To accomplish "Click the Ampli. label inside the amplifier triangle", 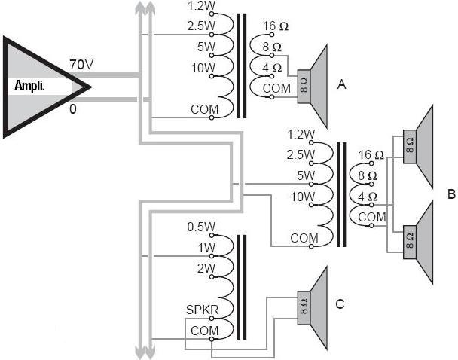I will pos(31,86).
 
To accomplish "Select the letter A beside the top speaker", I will pos(341,85).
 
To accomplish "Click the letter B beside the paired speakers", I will pos(450,194).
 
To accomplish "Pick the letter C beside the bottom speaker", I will pos(340,304).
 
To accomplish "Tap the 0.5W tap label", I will pos(201,227).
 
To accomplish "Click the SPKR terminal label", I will pos(201,310).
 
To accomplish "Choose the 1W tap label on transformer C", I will pos(206,248).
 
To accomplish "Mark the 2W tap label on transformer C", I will pos(206,268).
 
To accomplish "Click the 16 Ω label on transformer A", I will pos(276,26).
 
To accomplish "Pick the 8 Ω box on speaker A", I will pos(304,84).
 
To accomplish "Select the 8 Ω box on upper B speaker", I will pos(410,147).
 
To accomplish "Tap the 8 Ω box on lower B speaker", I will pos(410,242).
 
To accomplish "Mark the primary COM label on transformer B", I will pos(304,238).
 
